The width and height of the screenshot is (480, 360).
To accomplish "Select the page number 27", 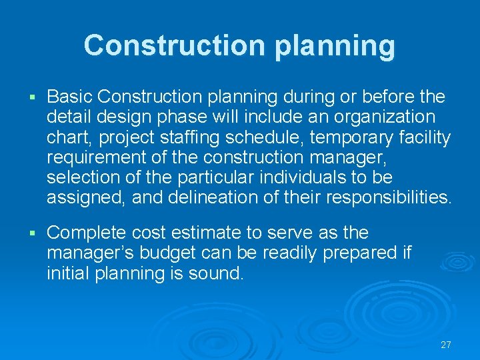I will (446, 345).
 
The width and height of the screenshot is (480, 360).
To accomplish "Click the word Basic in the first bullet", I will (70, 97).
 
